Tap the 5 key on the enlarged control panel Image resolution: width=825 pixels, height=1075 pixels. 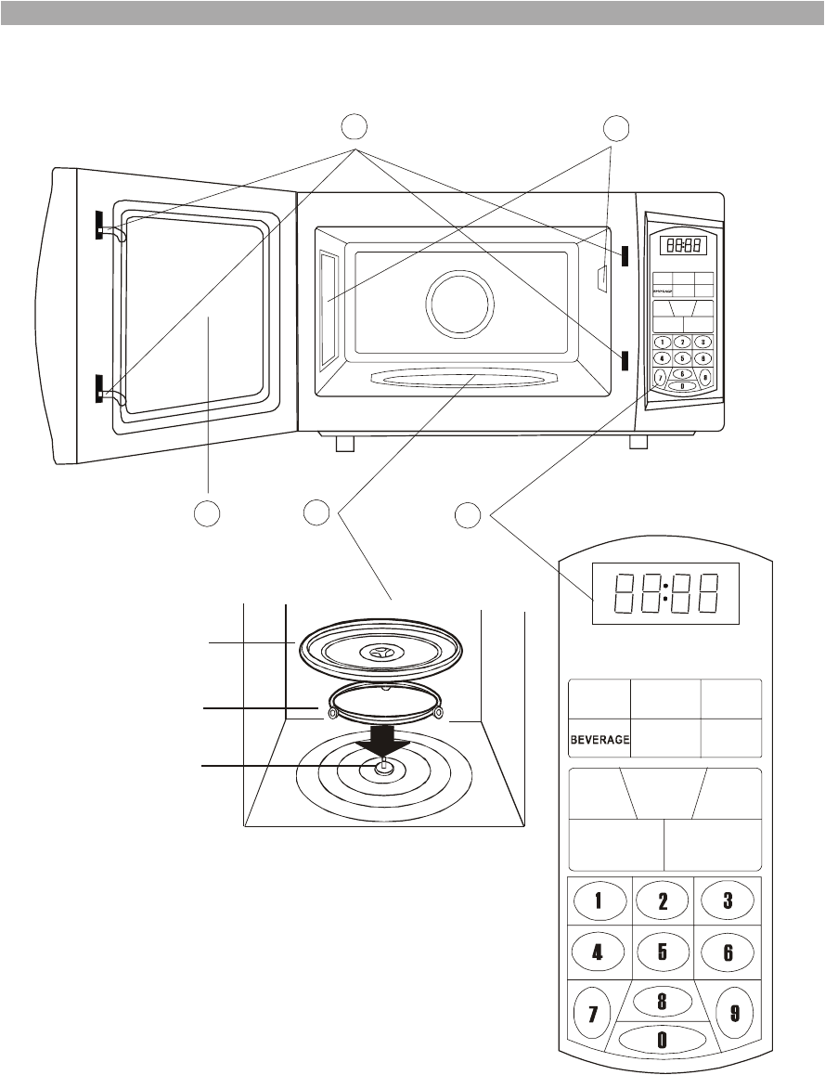tap(663, 952)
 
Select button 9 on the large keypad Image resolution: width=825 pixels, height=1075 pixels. tap(734, 1012)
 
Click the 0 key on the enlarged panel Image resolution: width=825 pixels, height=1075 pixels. tap(662, 1040)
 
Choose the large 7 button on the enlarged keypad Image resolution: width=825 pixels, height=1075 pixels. tap(592, 1012)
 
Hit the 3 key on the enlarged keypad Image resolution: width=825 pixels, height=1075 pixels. tap(728, 899)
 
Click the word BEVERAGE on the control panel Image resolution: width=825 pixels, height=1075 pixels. tap(599, 740)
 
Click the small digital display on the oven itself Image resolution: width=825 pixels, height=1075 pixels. tap(683, 245)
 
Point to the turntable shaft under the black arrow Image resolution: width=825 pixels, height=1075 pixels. tap(383, 765)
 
